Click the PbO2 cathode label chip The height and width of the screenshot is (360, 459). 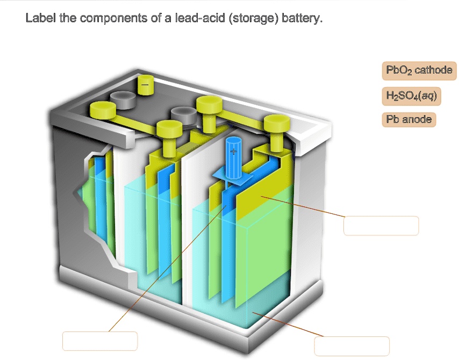point(419,70)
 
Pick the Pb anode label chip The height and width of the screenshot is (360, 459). point(409,119)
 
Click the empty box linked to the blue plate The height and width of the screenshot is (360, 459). point(99,341)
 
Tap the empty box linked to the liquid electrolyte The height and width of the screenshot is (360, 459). point(352,345)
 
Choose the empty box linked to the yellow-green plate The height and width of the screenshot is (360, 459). point(381,226)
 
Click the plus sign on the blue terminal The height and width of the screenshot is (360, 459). point(233,152)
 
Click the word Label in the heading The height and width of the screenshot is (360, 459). point(38,19)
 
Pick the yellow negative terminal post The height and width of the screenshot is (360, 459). point(145,85)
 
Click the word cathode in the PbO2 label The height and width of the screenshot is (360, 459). point(433,70)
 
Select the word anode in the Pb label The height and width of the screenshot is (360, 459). point(417,119)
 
